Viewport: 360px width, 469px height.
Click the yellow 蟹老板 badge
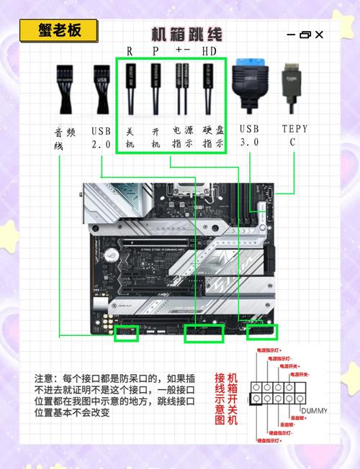tap(59, 30)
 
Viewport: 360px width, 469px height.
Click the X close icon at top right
tap(319, 35)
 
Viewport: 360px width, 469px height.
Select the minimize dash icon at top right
tap(291, 35)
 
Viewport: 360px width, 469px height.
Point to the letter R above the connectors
tap(130, 52)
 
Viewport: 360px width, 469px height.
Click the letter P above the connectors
tap(155, 52)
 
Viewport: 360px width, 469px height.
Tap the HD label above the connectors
tap(209, 52)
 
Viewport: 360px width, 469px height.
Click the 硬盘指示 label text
tap(212, 137)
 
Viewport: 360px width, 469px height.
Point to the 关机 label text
tap(130, 137)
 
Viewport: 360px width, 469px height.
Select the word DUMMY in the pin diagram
tap(314, 411)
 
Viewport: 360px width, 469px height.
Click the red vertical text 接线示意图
tap(220, 399)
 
